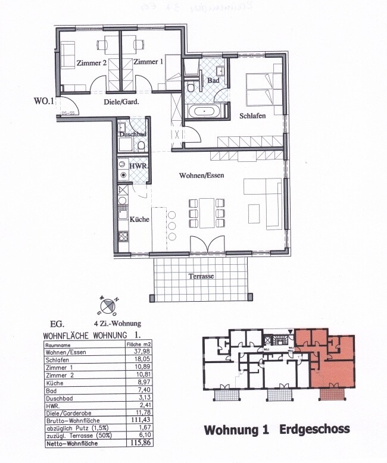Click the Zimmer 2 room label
[x=92, y=62]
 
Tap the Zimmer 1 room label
[x=148, y=62]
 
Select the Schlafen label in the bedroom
[x=252, y=115]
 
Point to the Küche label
[x=139, y=219]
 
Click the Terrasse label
[x=201, y=276]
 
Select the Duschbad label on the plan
[x=132, y=134]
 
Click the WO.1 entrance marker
[x=43, y=101]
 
